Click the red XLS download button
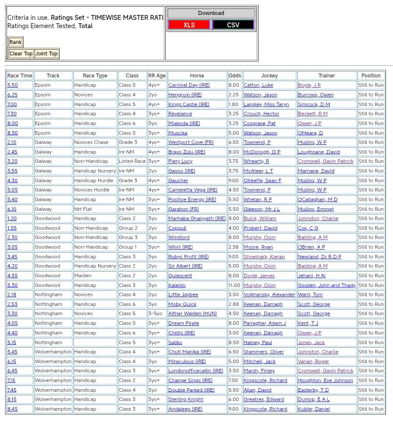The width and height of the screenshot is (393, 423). (189, 25)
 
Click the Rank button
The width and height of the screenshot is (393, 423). (15, 42)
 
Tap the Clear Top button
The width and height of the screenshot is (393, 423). (21, 54)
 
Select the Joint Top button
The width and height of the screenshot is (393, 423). (47, 54)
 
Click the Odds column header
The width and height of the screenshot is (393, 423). (235, 76)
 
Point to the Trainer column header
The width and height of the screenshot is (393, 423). (327, 76)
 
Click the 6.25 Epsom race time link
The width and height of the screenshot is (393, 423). (12, 95)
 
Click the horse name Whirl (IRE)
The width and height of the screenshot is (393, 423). (180, 247)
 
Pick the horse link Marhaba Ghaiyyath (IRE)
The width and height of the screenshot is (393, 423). (196, 218)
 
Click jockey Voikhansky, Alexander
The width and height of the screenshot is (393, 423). (269, 294)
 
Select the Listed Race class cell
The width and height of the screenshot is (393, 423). (132, 161)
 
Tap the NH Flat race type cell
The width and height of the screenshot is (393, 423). (83, 209)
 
